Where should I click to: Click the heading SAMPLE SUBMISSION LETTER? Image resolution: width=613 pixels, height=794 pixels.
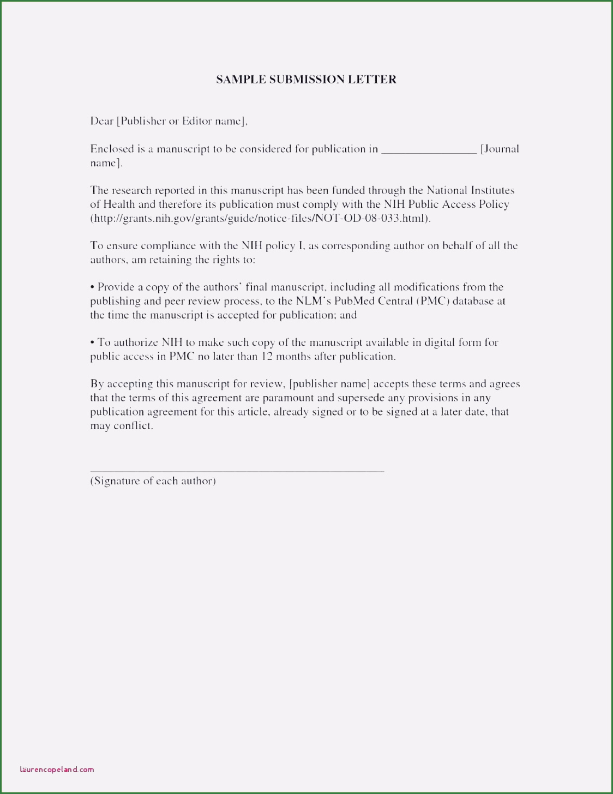pos(306,80)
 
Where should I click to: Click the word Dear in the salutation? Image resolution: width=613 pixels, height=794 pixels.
pos(101,121)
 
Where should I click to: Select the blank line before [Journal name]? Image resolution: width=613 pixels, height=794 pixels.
pos(429,151)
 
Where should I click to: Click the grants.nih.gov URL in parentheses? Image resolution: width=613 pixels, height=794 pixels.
pos(260,218)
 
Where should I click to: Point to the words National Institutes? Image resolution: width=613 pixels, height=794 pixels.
pos(470,190)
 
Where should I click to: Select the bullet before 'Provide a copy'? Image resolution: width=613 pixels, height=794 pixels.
pos(93,287)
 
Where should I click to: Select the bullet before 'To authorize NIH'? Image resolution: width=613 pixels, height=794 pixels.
pos(93,343)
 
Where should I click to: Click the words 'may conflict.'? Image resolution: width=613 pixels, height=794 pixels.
pos(122,426)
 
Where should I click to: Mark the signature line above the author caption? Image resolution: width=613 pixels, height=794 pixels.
pos(237,470)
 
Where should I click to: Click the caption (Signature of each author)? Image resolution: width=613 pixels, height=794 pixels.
pos(153,481)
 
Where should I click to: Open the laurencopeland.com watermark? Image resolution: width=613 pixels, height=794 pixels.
pos(57,769)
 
